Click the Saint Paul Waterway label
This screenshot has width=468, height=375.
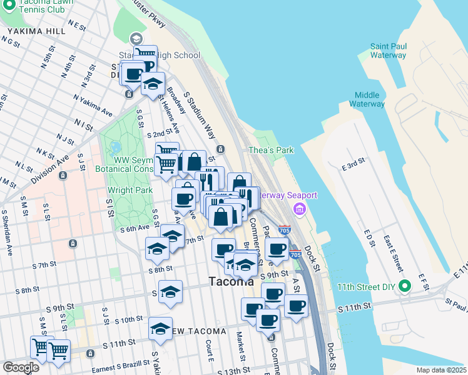tap(388, 51)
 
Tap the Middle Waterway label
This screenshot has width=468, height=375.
tap(367, 99)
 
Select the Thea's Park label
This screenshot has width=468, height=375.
tap(271, 150)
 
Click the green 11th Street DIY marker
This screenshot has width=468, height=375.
tap(405, 287)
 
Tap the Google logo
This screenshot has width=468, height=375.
tap(21, 367)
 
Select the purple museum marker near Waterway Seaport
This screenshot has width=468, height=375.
tap(299, 208)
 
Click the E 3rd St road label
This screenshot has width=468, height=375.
tap(354, 166)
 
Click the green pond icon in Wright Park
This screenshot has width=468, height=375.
tap(114, 149)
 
